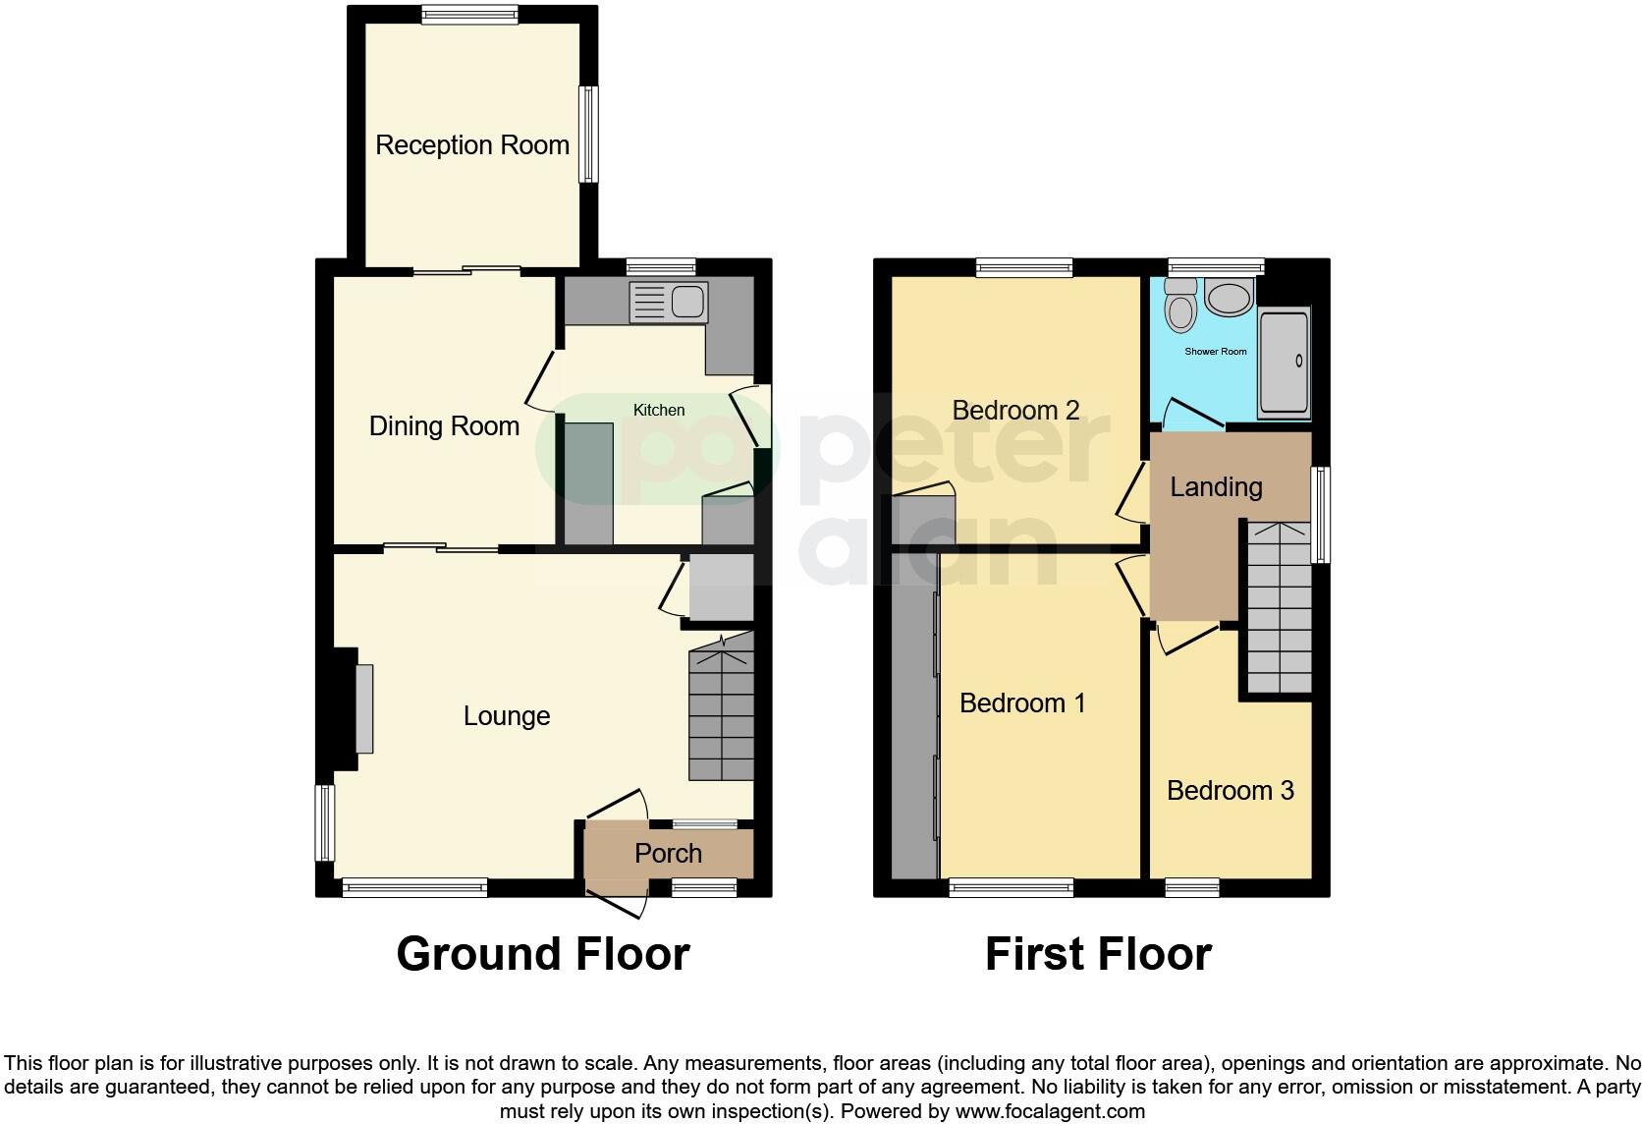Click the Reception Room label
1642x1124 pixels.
point(472,145)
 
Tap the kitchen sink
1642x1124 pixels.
point(668,302)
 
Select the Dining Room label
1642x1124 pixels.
point(444,426)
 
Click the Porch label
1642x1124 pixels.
point(668,853)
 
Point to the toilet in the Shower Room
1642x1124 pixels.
point(1179,307)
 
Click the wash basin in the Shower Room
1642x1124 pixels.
point(1229,297)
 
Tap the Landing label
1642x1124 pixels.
point(1216,487)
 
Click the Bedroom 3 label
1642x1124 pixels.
point(1230,791)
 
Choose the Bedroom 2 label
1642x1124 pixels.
point(1015,411)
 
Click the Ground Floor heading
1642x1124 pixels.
point(543,954)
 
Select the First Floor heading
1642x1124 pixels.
point(1098,954)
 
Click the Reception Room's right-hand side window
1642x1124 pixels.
point(587,135)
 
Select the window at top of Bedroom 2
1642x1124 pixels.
point(1024,267)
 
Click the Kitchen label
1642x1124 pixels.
point(658,410)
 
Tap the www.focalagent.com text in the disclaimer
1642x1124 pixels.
point(1050,1112)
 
